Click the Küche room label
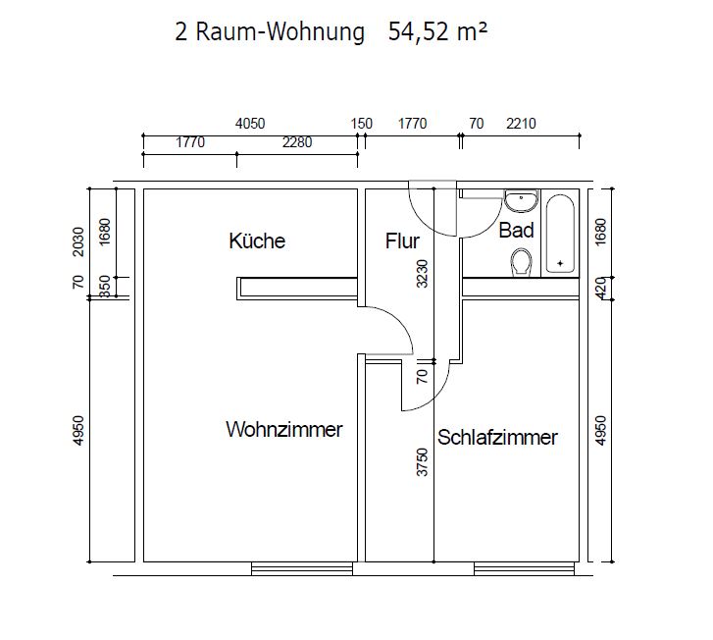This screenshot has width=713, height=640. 257,240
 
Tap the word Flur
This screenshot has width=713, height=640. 402,240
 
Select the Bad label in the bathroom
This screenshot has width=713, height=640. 516,231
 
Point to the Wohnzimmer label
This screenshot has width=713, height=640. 283,430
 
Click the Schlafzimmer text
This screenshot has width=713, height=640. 497,438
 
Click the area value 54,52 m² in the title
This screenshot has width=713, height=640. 436,33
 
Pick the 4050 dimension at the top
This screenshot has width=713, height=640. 250,124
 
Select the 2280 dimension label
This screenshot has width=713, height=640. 296,142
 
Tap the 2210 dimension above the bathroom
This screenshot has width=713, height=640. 521,124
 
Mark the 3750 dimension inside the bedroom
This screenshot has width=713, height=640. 422,461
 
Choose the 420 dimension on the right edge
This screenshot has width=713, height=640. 601,287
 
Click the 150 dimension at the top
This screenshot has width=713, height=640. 362,124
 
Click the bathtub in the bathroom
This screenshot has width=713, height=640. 560,233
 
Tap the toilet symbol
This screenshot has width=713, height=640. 521,261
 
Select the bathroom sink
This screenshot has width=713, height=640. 520,200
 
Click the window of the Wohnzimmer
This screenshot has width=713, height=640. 301,567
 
